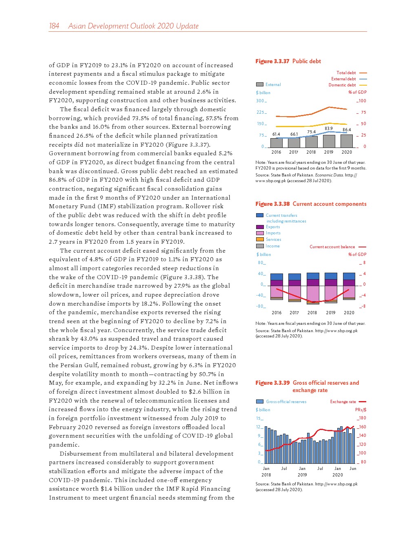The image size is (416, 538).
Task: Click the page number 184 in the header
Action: pos(54,26)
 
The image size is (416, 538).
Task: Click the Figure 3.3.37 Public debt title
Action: pos(288,61)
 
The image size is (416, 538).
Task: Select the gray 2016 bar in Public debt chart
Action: pos(276,143)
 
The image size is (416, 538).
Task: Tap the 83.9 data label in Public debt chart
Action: pos(328,129)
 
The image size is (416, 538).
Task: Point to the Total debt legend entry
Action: pos(346,73)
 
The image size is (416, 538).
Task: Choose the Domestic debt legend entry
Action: pos(342,85)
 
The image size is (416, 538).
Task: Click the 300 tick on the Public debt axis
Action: pos(260,101)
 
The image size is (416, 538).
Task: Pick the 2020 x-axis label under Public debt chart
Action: pos(347,152)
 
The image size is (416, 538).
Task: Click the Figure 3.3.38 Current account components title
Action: pos(311,204)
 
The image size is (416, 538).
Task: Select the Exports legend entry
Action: pos(272,227)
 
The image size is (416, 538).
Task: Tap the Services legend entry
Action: pos(273,240)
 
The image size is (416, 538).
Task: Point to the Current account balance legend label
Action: pos(332,247)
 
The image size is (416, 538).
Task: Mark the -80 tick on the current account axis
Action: pos(260,306)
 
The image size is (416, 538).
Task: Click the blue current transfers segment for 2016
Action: pos(277,277)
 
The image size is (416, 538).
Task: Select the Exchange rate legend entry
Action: pos(343,402)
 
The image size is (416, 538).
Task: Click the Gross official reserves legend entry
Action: pos(286,402)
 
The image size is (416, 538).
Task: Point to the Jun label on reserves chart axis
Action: pos(353,469)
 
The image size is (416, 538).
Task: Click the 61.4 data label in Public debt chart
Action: pos(276,134)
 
